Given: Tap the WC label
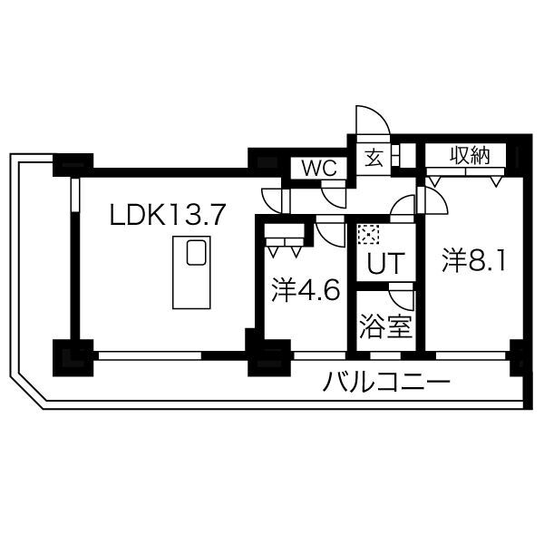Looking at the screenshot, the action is tap(319, 168).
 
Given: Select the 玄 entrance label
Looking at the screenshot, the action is tap(374, 159).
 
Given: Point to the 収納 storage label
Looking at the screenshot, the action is tap(470, 156).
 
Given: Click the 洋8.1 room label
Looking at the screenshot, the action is tap(473, 260).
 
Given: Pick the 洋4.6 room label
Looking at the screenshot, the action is tap(306, 290).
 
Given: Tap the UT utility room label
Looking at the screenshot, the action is tap(386, 263).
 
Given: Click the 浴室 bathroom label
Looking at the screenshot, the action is tap(386, 326).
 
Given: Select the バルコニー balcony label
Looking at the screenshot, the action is tap(386, 381).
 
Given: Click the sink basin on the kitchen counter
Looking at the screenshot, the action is tap(197, 253).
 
